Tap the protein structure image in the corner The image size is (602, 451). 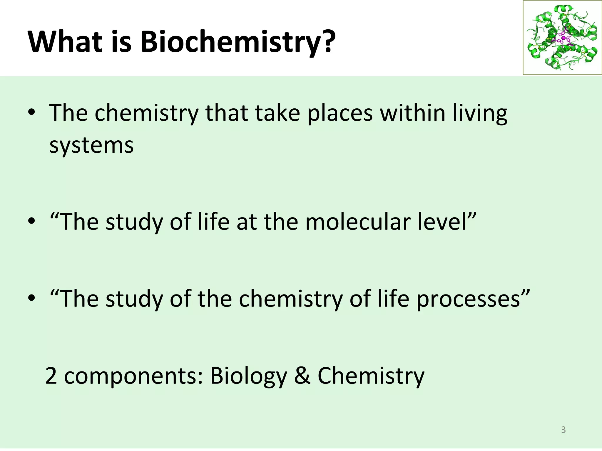coord(562,38)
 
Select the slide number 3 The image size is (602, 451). coord(563,430)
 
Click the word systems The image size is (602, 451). coord(91,145)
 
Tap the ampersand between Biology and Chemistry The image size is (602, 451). coord(302,376)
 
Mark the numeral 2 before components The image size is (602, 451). coord(51,376)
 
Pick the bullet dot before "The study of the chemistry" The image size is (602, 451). coord(32,299)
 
